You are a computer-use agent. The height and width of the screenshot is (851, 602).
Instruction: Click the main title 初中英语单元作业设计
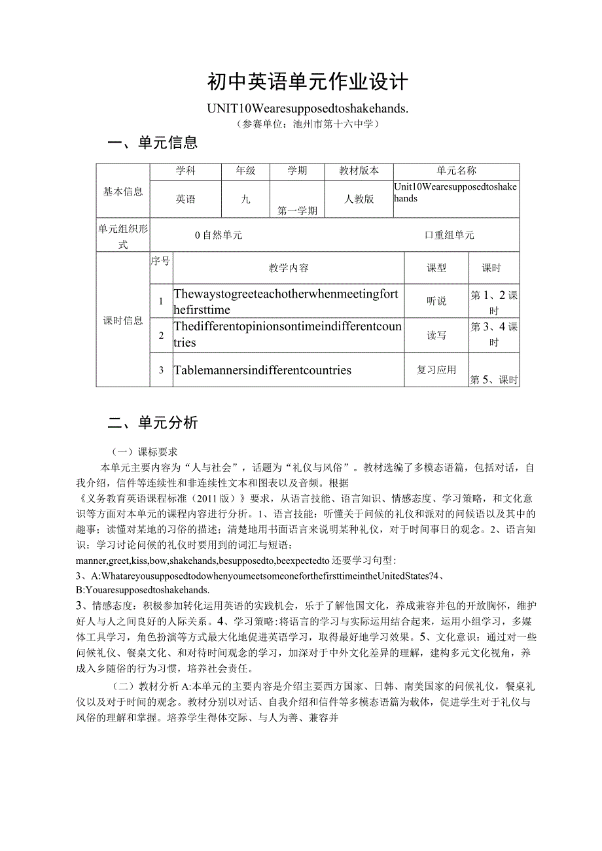(307, 82)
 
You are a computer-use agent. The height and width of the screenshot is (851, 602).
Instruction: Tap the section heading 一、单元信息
(152, 143)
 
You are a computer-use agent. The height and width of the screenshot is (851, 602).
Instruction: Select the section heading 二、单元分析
(152, 423)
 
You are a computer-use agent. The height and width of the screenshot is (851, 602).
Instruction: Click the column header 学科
(185, 171)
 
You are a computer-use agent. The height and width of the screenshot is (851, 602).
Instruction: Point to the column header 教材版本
(359, 171)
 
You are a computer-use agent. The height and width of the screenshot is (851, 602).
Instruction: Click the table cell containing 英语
(185, 199)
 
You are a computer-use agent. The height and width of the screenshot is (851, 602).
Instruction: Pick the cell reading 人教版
(359, 199)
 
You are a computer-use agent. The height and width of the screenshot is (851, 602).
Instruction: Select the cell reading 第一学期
(297, 211)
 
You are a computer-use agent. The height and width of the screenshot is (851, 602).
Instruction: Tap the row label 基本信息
(123, 191)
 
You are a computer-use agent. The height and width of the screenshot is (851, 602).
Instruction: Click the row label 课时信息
(123, 321)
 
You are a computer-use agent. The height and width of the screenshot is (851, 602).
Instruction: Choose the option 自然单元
(219, 235)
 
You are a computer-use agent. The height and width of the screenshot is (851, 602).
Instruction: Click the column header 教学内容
(289, 268)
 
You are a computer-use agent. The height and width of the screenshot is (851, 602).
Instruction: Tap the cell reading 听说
(436, 301)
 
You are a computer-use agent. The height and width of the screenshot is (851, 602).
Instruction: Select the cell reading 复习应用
(436, 370)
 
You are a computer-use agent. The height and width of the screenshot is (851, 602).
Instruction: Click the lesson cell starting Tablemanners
(262, 370)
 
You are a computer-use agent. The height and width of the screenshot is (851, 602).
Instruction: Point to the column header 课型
(436, 268)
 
